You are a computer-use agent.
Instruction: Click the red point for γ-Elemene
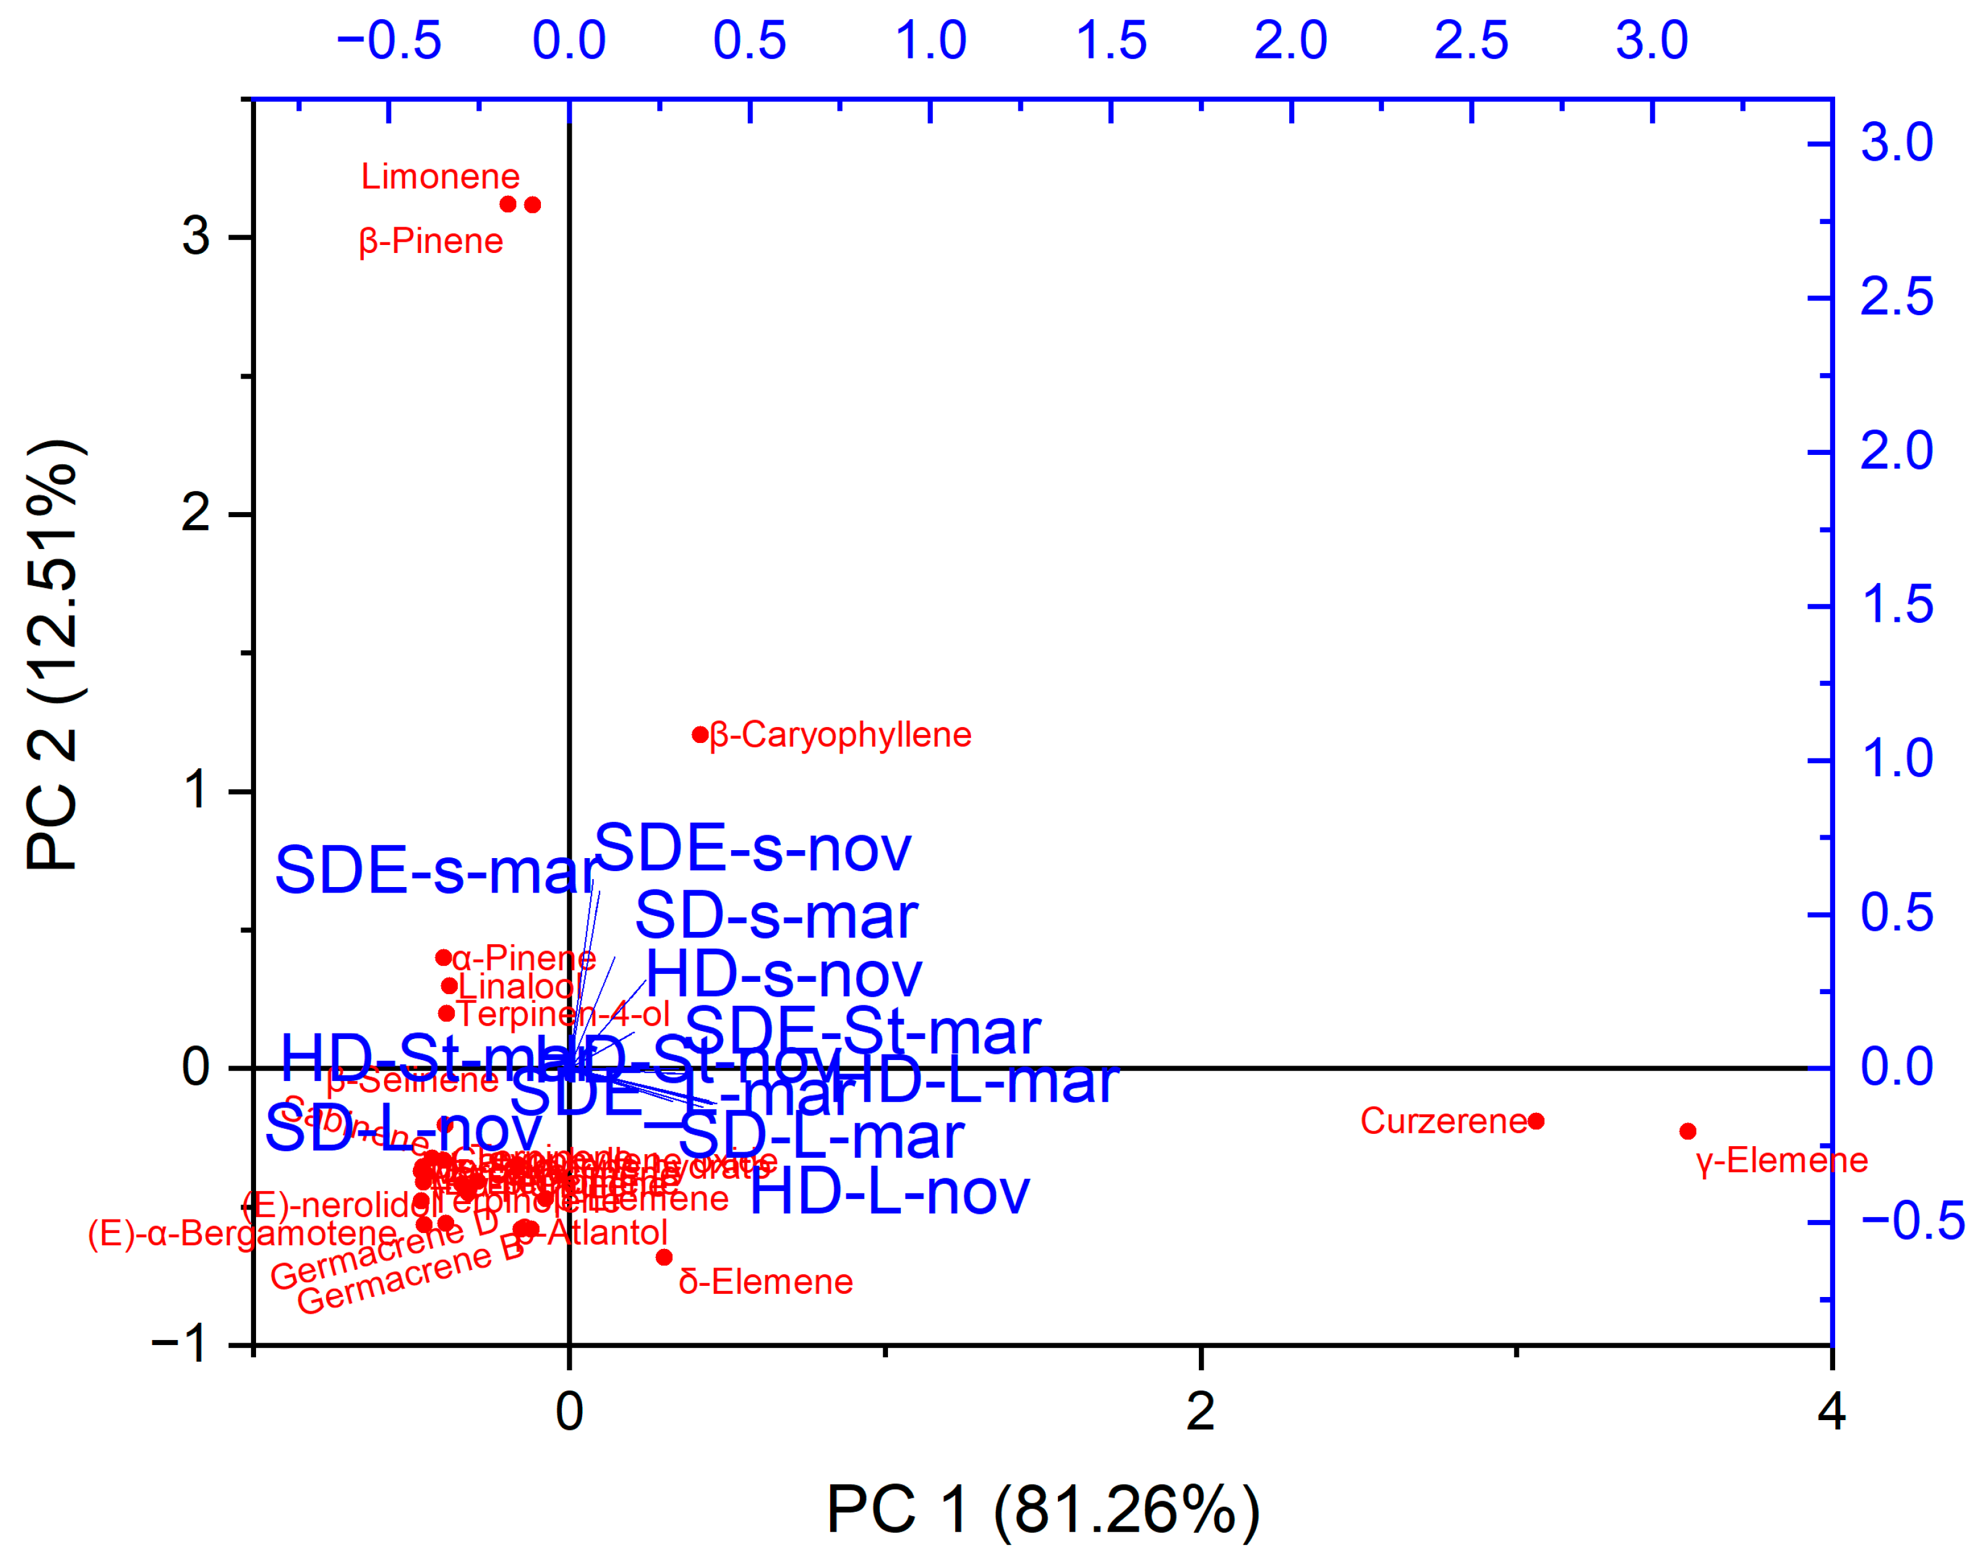tap(1687, 1131)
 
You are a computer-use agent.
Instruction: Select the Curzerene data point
tap(1536, 1121)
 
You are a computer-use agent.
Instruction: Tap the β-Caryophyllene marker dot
tap(700, 734)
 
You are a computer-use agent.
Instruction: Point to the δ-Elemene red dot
tap(664, 1257)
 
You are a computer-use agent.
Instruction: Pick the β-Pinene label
tap(431, 242)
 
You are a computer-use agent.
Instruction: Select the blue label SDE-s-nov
tap(753, 848)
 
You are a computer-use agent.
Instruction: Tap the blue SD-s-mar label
tap(776, 916)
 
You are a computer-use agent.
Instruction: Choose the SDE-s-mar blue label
tap(436, 870)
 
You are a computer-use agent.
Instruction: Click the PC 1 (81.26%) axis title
tap(1043, 1509)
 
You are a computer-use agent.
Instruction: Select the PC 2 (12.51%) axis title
tap(55, 657)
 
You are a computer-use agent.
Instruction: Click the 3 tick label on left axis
tap(195, 236)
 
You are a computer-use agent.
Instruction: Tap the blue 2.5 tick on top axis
tap(1471, 41)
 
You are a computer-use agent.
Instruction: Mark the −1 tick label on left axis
tap(180, 1344)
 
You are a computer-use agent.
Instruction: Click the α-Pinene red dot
tap(443, 957)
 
